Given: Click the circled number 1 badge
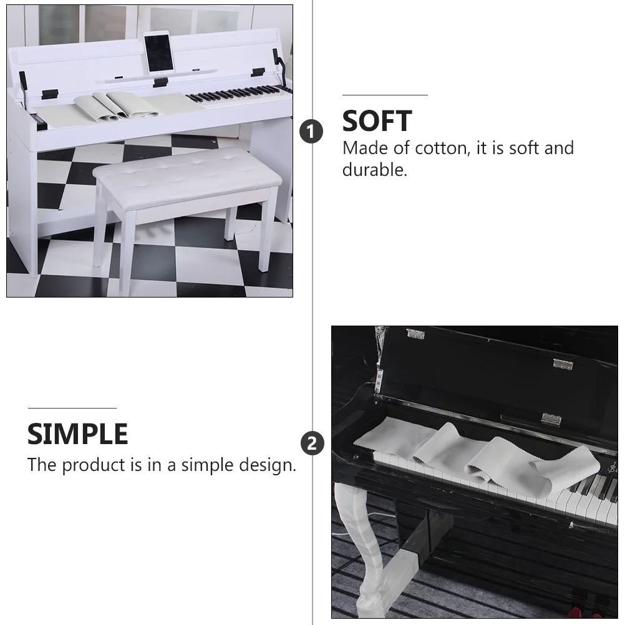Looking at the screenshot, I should point(312,132).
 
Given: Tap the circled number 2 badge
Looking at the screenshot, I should point(312,443).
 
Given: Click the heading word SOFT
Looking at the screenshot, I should point(377,121).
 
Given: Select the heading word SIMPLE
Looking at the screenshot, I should point(77,434).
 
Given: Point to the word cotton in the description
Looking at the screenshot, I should point(441,148).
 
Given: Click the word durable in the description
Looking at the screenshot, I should point(374,170).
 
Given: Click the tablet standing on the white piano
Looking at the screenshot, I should point(158,55).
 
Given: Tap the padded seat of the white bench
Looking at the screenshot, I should point(187,172).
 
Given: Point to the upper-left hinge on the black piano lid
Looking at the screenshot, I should point(415,334).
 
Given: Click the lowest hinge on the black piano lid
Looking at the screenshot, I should point(550,419).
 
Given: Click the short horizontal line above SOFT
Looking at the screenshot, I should point(384,95).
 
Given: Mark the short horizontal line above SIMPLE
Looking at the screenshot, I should point(72,408).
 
